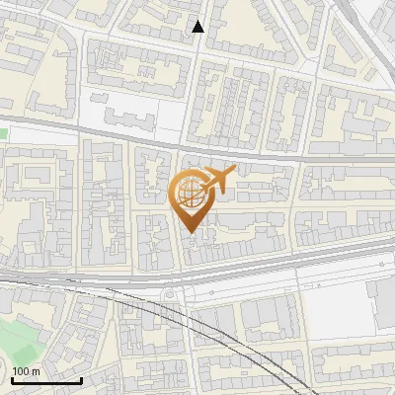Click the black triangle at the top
198,27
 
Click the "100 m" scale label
26,371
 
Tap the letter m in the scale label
36,371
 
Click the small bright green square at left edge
3,132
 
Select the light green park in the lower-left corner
25,336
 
